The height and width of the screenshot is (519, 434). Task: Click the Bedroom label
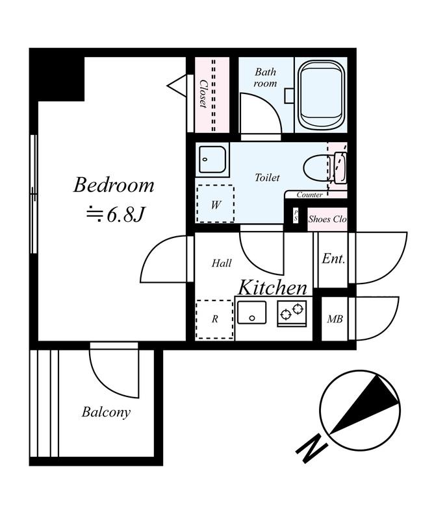(114, 185)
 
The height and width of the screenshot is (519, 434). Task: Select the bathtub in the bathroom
(321, 94)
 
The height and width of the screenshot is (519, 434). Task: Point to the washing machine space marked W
(216, 204)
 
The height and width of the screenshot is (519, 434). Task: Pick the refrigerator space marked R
(215, 319)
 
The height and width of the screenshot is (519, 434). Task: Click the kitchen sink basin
(251, 313)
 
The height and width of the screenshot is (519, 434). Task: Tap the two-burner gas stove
(292, 313)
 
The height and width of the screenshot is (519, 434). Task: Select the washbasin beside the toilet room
(212, 159)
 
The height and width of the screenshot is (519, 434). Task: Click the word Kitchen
(272, 287)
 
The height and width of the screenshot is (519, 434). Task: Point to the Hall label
(222, 263)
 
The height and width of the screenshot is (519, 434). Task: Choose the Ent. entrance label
(333, 258)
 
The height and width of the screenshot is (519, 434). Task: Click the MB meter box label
(335, 319)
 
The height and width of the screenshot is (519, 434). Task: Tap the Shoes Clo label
(327, 219)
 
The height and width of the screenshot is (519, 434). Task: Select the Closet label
(203, 94)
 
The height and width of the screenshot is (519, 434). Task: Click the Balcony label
(106, 413)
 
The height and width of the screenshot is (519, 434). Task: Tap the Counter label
(309, 195)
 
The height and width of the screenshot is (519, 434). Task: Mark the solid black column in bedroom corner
(57, 78)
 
